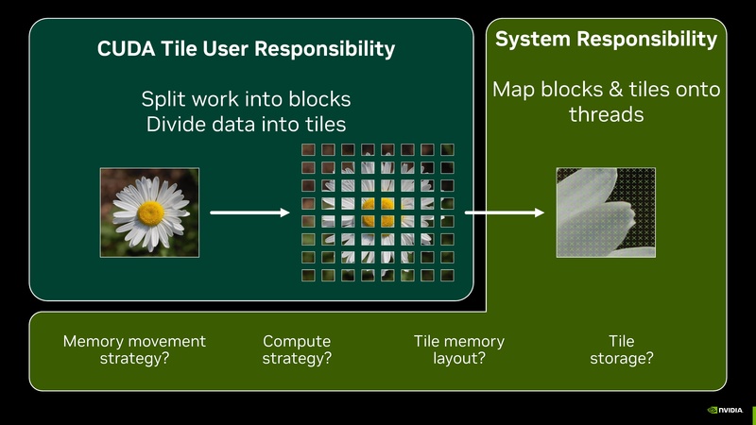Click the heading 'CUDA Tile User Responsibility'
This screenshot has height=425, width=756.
[x=246, y=49]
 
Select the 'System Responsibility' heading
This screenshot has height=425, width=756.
[x=606, y=40]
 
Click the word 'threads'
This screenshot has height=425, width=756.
[x=606, y=115]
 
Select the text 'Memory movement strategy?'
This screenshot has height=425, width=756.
[x=133, y=349]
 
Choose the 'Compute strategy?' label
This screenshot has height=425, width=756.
[x=297, y=349]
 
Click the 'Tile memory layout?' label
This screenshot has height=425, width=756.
[x=459, y=349]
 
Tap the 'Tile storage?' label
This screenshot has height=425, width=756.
[x=621, y=349]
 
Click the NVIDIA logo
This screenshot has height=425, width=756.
[x=725, y=411]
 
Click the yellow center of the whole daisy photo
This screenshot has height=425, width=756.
[x=150, y=212]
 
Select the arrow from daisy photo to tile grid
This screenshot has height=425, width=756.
[x=249, y=212]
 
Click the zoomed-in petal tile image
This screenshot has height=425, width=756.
[x=606, y=212]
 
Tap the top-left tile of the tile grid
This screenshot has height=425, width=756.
[x=308, y=150]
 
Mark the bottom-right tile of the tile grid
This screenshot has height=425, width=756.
[x=447, y=275]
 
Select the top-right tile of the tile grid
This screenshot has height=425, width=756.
[x=447, y=150]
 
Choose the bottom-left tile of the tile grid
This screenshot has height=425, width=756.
[x=308, y=275]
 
